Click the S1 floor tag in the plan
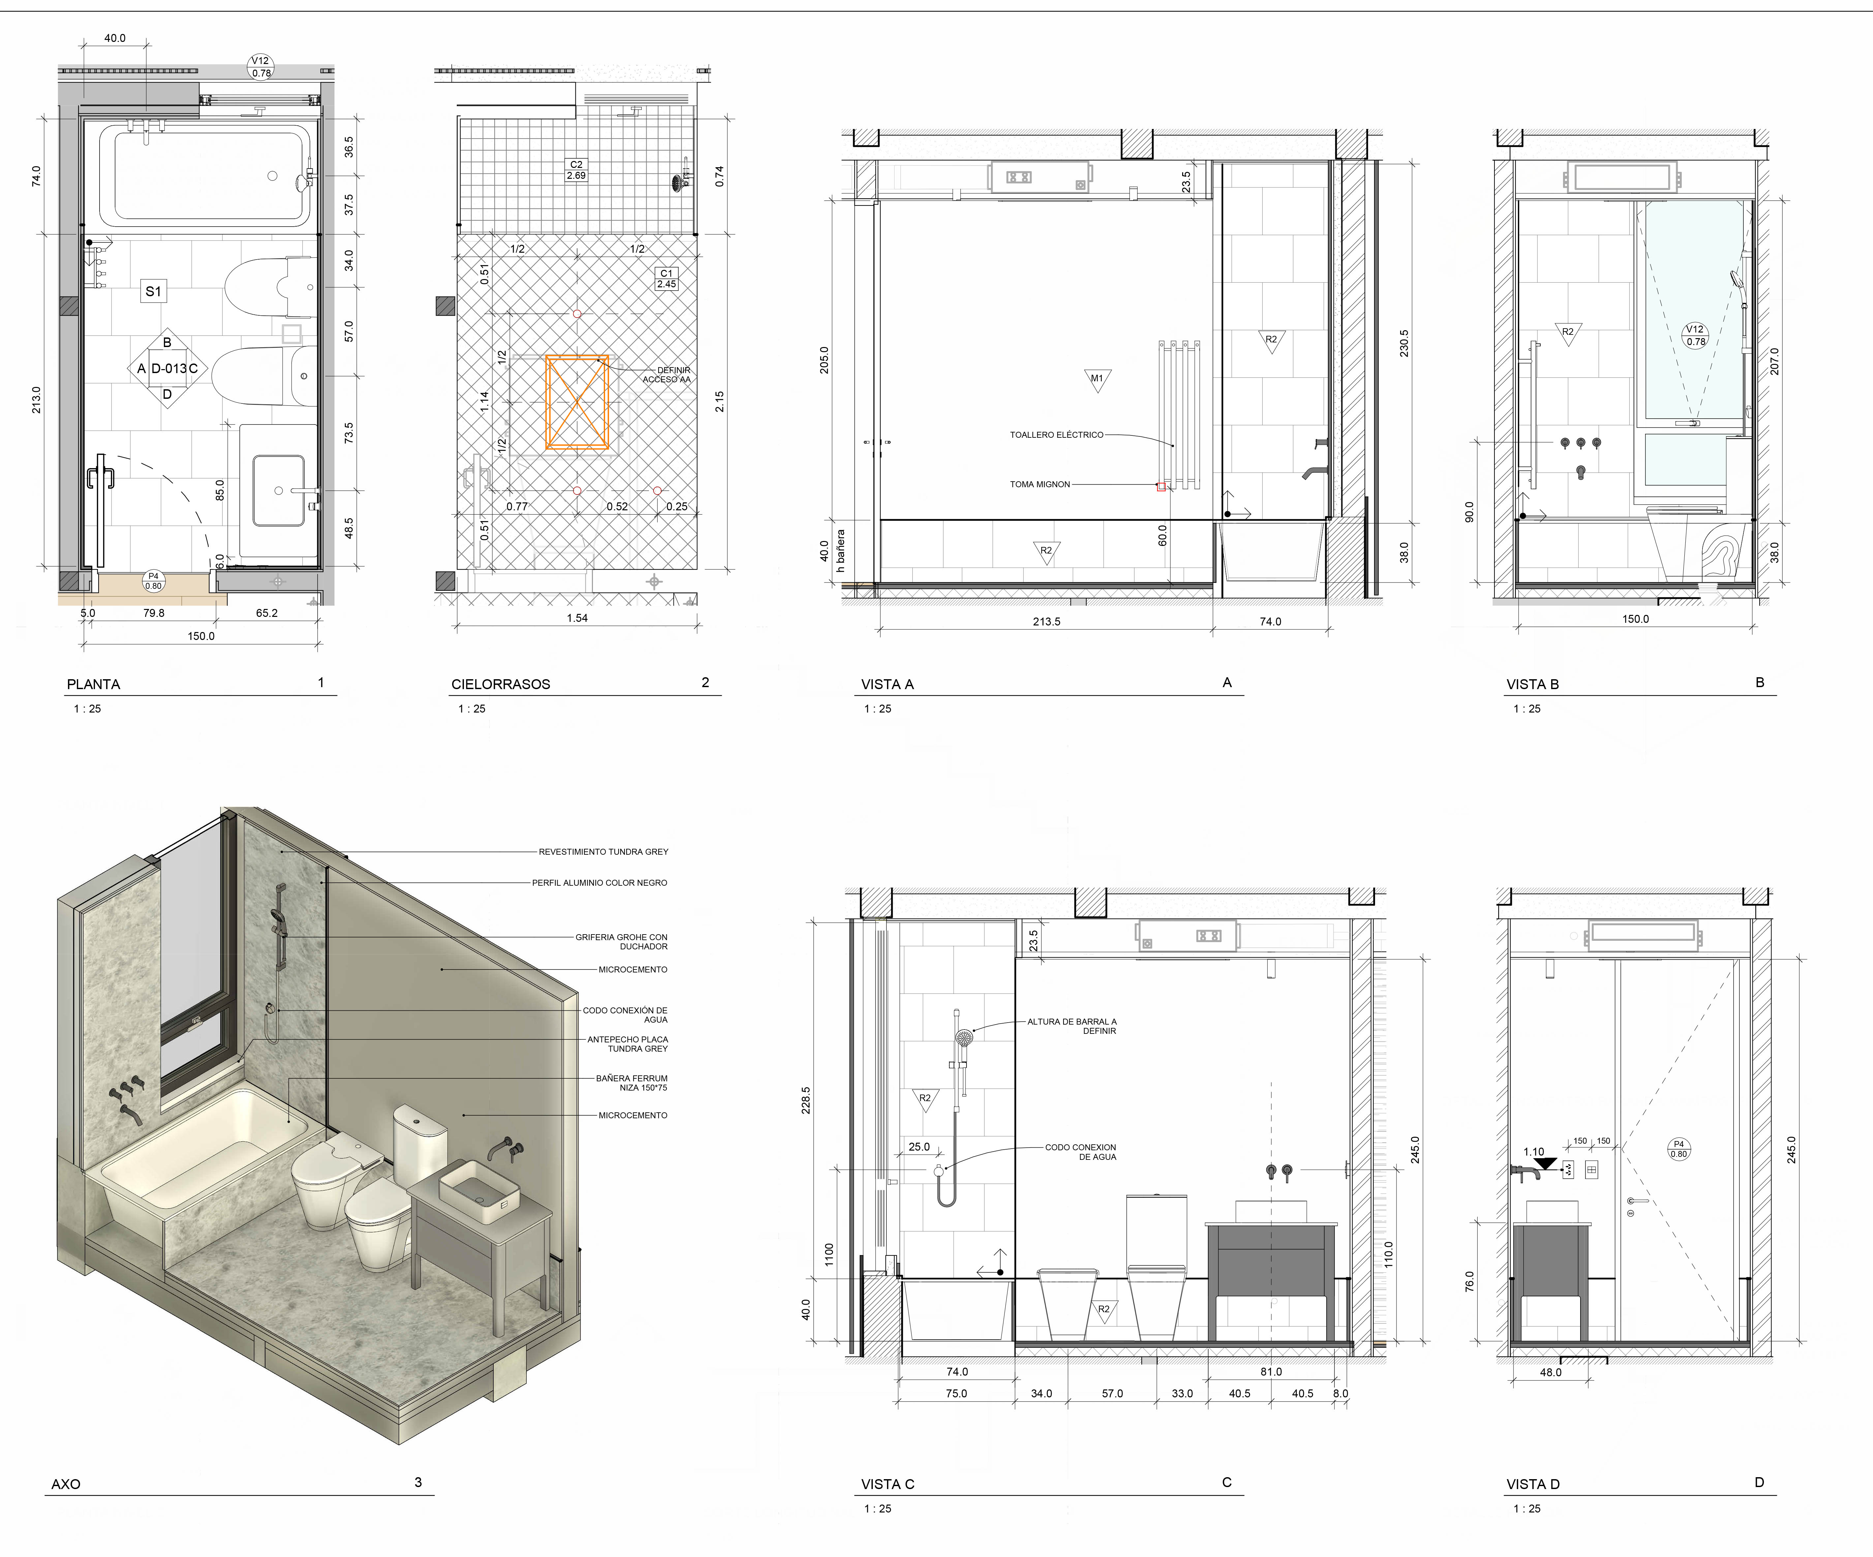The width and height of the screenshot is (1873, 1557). tap(153, 291)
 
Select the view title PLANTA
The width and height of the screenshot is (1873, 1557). tap(94, 684)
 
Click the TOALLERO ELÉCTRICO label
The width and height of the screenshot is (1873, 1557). tap(1056, 435)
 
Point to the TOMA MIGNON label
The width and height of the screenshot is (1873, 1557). tap(1040, 485)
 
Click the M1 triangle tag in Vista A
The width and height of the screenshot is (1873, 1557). tap(1097, 379)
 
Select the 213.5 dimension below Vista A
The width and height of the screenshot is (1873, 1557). tap(1046, 622)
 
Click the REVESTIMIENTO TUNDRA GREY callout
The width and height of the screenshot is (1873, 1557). tap(603, 852)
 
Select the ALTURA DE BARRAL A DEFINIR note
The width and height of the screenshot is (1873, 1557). tap(1072, 1026)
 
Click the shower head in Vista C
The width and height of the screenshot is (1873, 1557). tap(963, 1038)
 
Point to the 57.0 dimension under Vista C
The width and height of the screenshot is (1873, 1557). tap(1112, 1394)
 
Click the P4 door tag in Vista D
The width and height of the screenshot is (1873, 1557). tap(1678, 1149)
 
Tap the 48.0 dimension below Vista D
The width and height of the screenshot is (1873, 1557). tap(1551, 1372)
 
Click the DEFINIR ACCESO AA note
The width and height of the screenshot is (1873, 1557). tap(667, 375)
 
